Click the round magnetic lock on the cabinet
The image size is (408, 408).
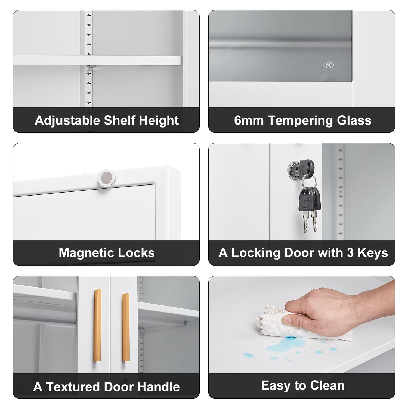107,178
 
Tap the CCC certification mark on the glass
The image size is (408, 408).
329,65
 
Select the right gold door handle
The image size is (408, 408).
125,327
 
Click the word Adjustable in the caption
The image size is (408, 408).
67,120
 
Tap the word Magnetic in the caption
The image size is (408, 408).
84,253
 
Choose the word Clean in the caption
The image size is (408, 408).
327,385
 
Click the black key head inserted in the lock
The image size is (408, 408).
307,166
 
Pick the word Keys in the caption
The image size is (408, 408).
373,253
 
